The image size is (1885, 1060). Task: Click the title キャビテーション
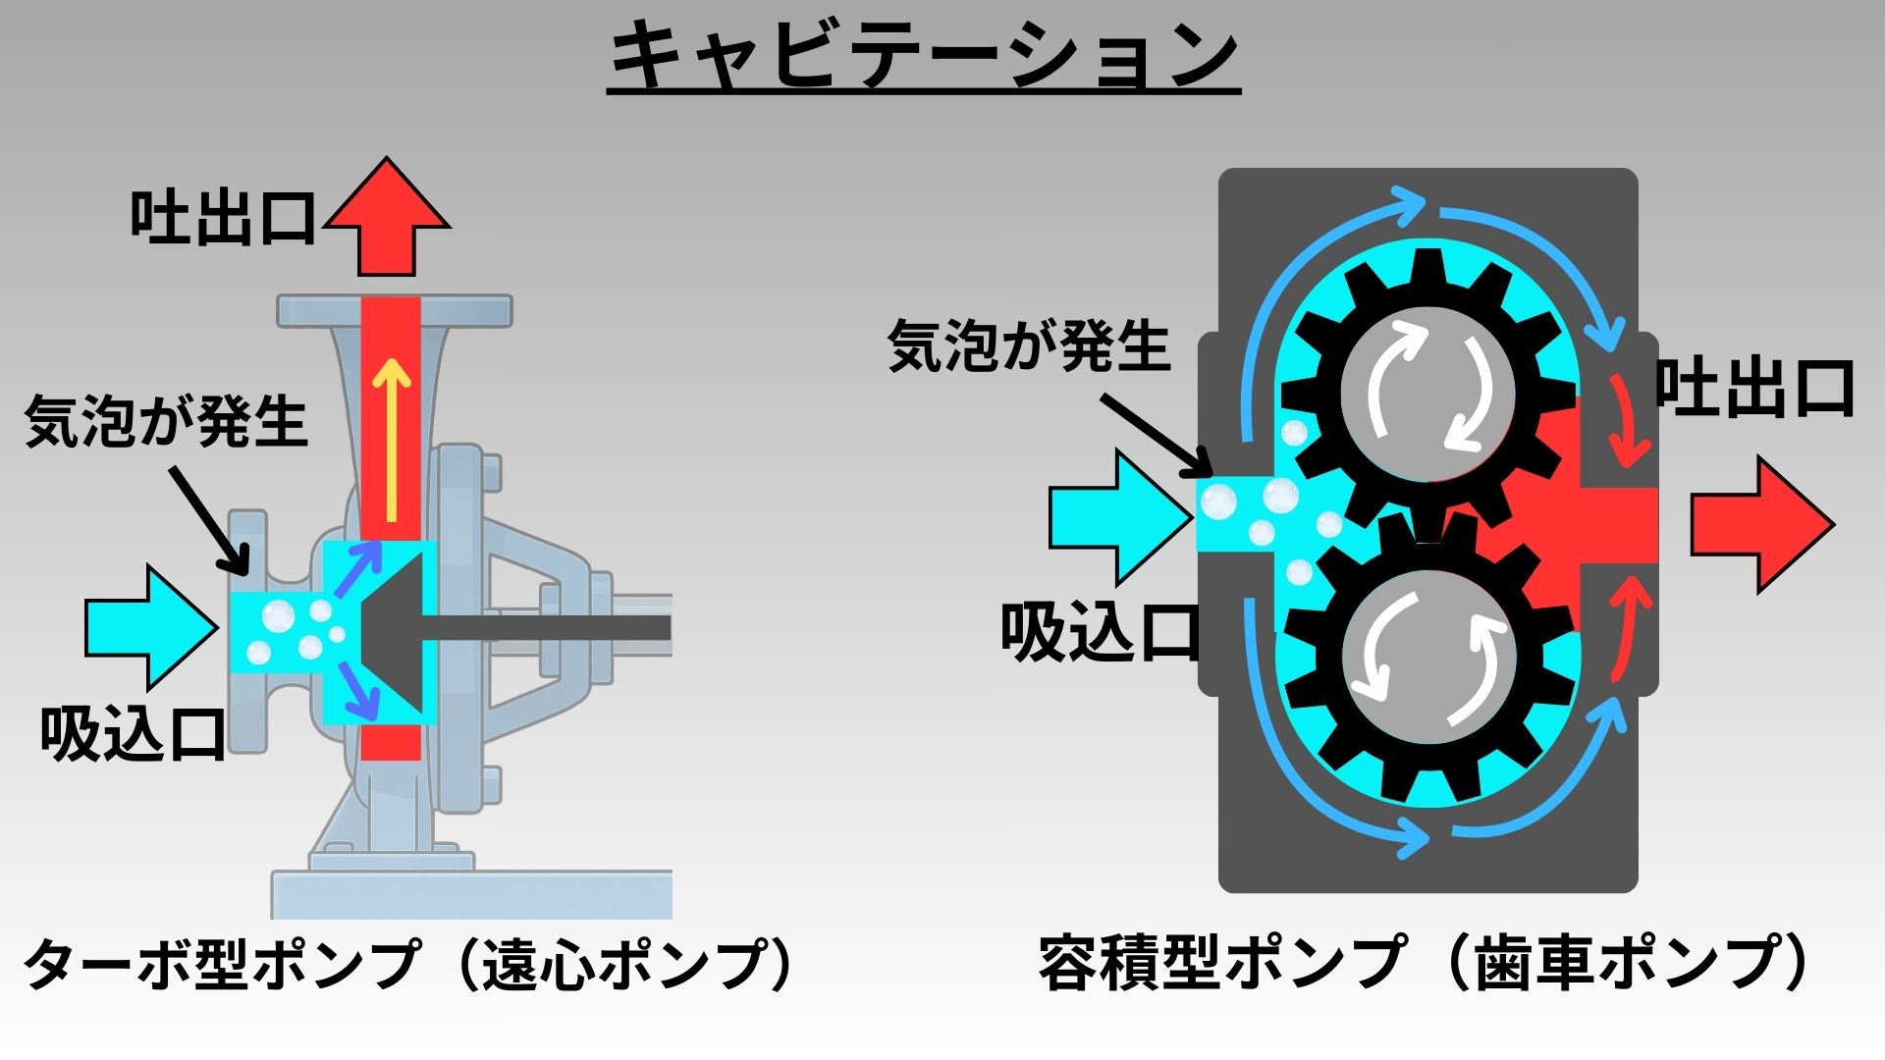(x=923, y=57)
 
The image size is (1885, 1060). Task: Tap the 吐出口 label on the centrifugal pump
(x=224, y=218)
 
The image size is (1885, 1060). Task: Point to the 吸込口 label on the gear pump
(x=1100, y=631)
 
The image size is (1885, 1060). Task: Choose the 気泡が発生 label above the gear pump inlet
(x=1029, y=346)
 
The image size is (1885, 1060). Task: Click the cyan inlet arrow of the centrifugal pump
(x=147, y=626)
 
